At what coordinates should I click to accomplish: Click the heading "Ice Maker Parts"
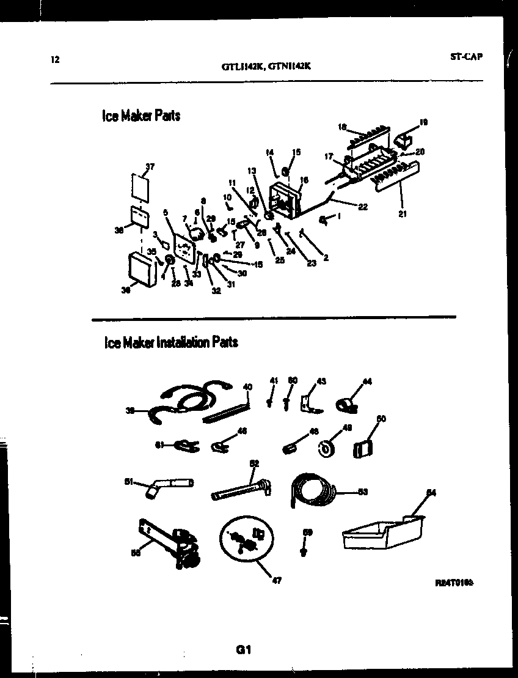(x=141, y=116)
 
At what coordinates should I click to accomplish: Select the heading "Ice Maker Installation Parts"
(x=171, y=342)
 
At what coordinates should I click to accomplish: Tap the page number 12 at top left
(x=55, y=59)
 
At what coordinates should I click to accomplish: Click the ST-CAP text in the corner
(x=466, y=56)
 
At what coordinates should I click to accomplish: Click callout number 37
(x=150, y=166)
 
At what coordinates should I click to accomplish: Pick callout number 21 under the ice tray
(x=403, y=215)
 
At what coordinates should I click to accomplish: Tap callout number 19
(x=424, y=122)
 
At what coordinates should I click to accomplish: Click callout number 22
(x=363, y=207)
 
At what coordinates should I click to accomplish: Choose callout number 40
(x=247, y=386)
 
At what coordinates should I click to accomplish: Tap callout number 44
(x=367, y=382)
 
